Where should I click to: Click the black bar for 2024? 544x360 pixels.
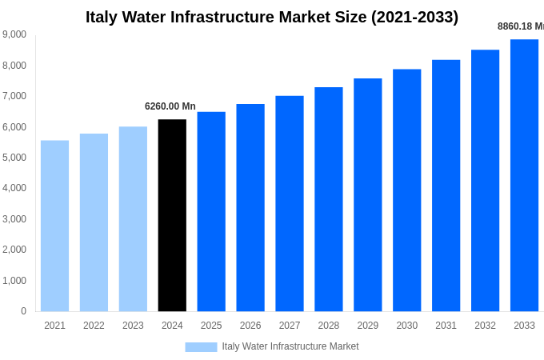[x=172, y=215]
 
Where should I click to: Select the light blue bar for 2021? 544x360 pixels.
[x=54, y=226]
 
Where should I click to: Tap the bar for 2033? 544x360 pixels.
[x=524, y=175]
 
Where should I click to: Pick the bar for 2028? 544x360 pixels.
[x=329, y=199]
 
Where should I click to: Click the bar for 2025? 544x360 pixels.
[x=211, y=211]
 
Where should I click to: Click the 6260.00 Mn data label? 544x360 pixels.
[x=170, y=106]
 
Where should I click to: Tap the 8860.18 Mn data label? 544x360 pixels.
[x=520, y=26]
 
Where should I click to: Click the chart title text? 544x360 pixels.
[x=272, y=17]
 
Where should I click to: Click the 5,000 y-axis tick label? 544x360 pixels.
[x=14, y=158]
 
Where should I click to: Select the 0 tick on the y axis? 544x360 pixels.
[x=23, y=311]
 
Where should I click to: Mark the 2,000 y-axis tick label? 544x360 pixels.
[x=14, y=250]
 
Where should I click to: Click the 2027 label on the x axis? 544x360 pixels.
[x=290, y=326]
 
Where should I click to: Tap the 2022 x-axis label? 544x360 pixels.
[x=94, y=326]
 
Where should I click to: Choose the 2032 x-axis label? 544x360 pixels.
[x=485, y=326]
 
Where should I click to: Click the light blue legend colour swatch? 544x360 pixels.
[x=201, y=347]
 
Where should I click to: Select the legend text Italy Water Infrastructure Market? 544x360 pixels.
[x=290, y=346]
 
